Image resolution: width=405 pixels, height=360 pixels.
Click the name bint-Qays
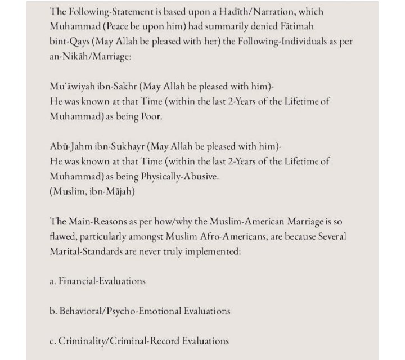[x=71, y=42]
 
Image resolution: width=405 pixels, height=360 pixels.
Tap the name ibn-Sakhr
[x=118, y=87]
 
